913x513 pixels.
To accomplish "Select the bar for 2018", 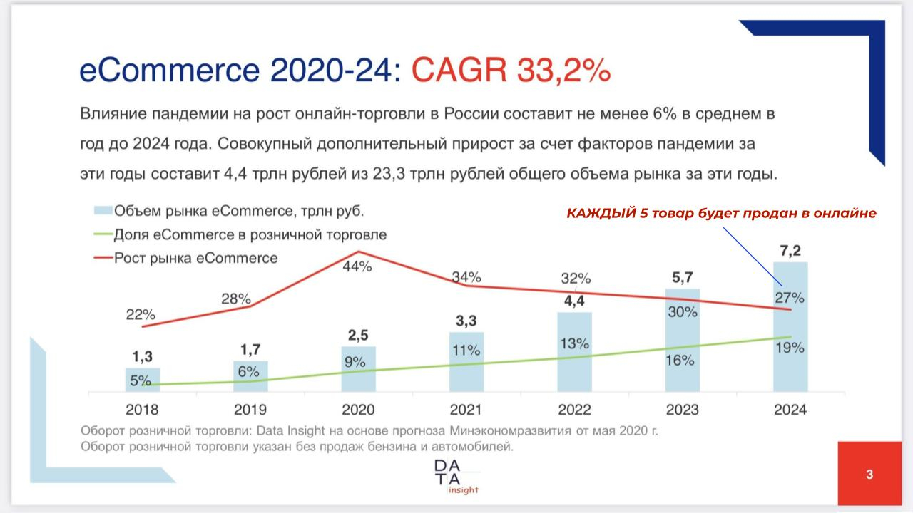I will (142, 379).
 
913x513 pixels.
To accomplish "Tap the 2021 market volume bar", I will (466, 361).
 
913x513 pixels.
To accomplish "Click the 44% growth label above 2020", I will (357, 267).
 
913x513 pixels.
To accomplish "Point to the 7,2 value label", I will (790, 250).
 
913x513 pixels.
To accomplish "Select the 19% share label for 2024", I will (790, 348).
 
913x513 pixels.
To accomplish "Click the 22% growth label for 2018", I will (141, 314).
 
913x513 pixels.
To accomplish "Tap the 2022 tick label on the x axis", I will (574, 410).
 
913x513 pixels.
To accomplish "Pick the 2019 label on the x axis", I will (250, 410).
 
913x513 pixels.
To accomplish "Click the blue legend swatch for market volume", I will (103, 211).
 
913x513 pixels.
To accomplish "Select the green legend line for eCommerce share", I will (103, 234).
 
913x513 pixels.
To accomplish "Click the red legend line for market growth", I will (103, 258).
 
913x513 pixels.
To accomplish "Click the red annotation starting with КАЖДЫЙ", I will (721, 213).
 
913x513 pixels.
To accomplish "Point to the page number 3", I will (869, 475).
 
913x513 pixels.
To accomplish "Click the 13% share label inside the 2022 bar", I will (575, 343).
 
